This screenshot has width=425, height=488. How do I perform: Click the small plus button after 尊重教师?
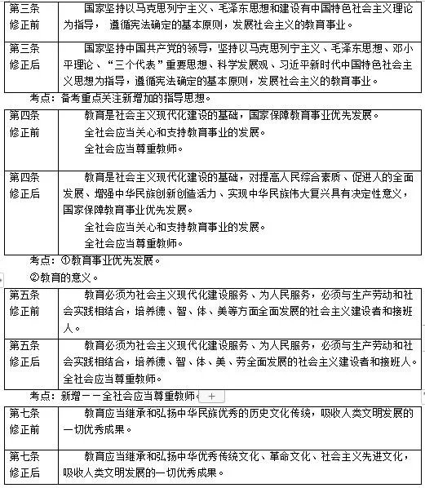211,395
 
